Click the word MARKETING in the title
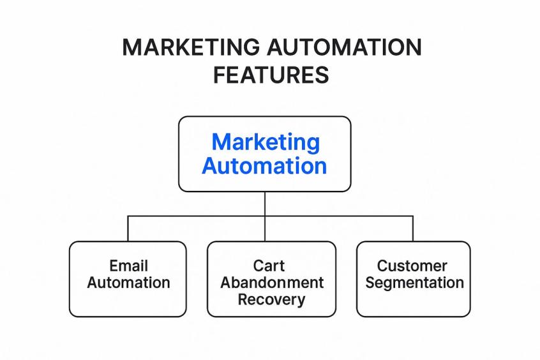point(191,47)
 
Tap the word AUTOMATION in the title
point(344,47)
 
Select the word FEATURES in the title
point(271,75)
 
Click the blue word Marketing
point(266,142)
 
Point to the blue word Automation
point(264,166)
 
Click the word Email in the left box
point(128,266)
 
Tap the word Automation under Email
point(128,283)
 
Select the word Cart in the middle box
point(269,266)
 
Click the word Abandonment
point(272,283)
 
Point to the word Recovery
point(271,299)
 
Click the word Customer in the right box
point(412,266)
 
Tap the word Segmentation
point(414,283)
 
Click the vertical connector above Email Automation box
point(128,229)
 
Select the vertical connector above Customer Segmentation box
point(413,229)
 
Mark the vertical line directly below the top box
point(265,204)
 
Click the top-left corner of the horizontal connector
point(128,216)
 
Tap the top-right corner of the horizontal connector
point(413,216)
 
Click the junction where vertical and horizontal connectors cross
point(265,216)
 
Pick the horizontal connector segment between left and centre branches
point(197,216)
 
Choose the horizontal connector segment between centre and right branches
point(339,216)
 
